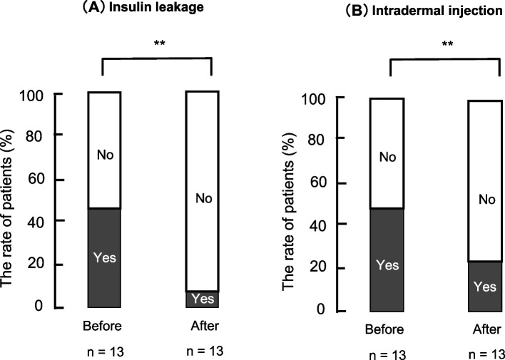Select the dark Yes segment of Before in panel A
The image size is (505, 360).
pyautogui.click(x=104, y=257)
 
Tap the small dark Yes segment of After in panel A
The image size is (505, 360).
pyautogui.click(x=203, y=299)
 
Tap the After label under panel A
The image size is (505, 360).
pyautogui.click(x=201, y=326)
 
